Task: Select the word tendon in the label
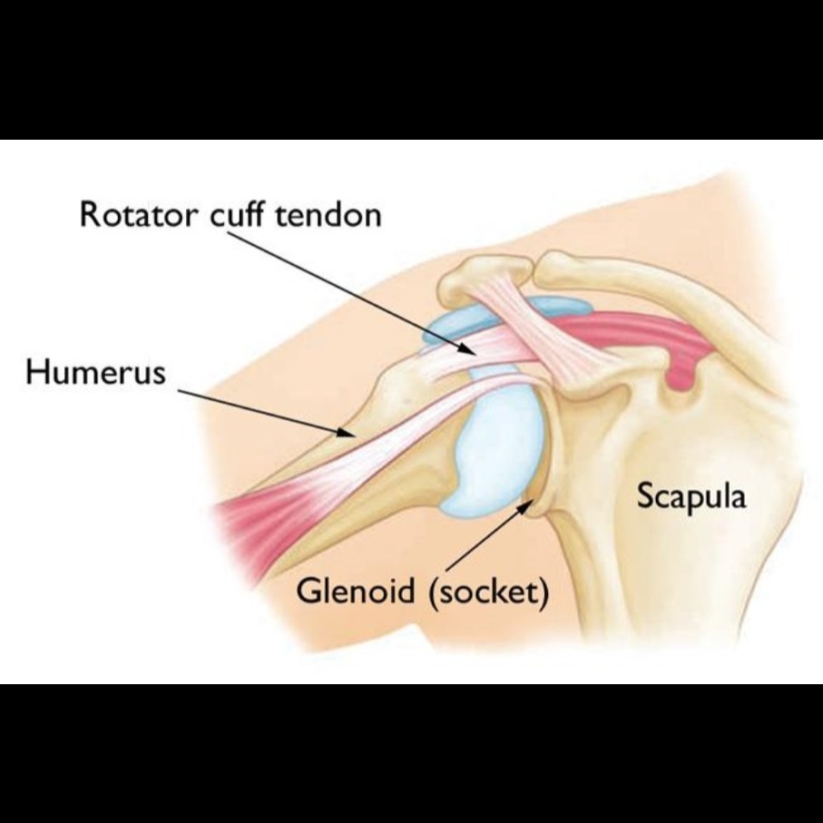[x=328, y=215]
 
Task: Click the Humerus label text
[x=95, y=372]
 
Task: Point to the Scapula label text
[x=691, y=495]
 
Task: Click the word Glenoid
[x=356, y=591]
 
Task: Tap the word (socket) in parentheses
[x=489, y=592]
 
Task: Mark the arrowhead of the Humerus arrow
[x=346, y=432]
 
